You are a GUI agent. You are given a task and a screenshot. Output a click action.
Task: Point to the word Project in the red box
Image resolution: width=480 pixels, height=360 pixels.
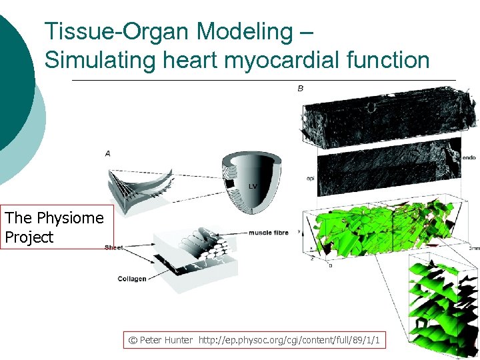29,238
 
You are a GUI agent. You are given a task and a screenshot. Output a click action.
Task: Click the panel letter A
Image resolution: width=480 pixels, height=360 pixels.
108,154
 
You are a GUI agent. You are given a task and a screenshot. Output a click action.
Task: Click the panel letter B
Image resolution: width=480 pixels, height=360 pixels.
300,88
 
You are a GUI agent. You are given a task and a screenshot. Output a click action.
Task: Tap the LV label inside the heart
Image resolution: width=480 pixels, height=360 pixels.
253,185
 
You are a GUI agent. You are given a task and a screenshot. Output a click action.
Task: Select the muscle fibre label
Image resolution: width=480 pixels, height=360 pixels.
268,233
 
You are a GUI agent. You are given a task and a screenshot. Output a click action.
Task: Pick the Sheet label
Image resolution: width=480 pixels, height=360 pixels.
113,248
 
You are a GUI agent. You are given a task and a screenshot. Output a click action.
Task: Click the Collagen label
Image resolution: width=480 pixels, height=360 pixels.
131,279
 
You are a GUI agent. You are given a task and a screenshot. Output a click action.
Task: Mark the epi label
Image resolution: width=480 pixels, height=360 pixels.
310,179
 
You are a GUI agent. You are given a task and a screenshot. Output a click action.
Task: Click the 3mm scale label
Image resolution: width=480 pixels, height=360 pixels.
472,248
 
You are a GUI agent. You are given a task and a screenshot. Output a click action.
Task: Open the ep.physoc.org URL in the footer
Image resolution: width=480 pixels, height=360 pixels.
289,341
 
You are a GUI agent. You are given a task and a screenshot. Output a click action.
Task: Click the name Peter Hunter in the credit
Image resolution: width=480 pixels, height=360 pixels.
166,341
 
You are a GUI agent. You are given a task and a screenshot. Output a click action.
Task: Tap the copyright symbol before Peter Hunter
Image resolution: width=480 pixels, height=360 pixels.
133,341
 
